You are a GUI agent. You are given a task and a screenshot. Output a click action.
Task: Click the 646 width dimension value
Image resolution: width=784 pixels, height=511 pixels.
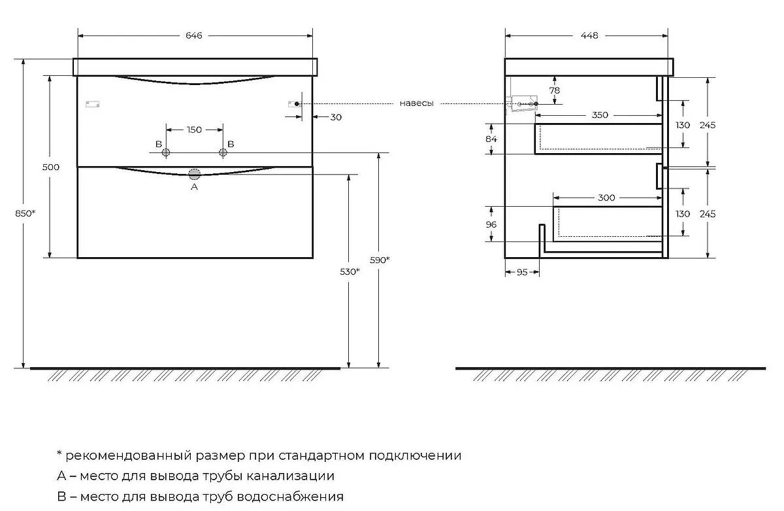coord(193,35)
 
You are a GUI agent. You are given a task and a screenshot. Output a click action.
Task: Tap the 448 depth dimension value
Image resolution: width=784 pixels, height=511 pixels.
coord(589,35)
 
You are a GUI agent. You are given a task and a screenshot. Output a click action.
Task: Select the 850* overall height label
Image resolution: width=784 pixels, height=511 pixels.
coord(25,213)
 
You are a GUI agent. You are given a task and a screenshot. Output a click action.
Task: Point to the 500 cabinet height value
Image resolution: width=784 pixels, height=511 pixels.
coord(51,167)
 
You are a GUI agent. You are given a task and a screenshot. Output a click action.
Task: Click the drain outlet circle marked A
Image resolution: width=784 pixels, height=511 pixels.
coord(194,174)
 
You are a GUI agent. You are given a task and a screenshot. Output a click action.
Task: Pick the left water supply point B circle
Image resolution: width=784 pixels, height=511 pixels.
coord(165,152)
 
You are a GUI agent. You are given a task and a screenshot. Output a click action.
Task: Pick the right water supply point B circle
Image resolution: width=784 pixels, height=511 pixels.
coord(223,152)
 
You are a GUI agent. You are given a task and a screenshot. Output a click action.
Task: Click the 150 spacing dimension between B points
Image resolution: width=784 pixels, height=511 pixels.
coord(194,130)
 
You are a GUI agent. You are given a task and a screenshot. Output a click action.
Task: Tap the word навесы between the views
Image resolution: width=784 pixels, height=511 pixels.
coord(417,103)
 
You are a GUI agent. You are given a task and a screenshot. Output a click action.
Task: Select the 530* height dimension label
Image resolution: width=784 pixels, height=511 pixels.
coord(350,272)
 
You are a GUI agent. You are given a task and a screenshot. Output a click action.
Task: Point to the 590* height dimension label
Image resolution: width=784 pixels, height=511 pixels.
coord(380,260)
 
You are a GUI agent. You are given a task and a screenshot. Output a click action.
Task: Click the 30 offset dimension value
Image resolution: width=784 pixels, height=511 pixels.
coord(336,117)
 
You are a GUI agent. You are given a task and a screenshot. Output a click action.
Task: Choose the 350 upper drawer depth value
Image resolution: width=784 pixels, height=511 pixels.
coord(600,115)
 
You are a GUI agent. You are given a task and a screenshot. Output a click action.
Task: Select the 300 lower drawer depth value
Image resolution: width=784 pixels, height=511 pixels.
coord(606,198)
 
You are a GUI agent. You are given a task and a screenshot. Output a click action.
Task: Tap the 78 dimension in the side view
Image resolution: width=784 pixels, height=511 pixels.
coord(555,90)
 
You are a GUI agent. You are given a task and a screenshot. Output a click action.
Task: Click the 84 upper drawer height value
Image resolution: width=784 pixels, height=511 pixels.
coord(491,139)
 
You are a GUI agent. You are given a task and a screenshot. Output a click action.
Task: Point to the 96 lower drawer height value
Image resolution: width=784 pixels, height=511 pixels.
coord(491,224)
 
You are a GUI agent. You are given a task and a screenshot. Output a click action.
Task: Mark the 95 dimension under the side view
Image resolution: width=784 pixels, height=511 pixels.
coord(522,272)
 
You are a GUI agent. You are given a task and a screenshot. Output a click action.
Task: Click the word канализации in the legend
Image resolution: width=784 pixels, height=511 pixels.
coord(291,476)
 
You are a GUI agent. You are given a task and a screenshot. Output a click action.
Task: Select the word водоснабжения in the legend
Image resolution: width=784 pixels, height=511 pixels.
coord(290,497)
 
